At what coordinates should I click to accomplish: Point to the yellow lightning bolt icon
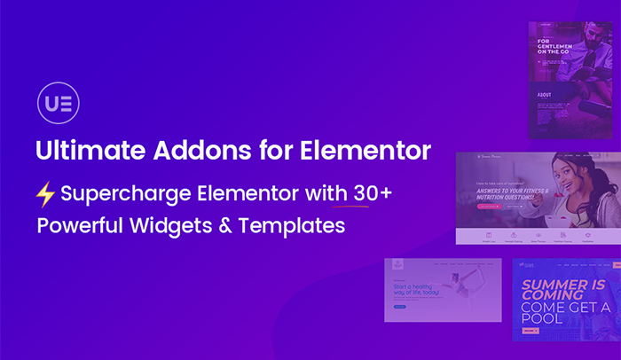(x=45, y=194)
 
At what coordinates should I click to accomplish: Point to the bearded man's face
(x=588, y=35)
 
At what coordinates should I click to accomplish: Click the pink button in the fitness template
(x=486, y=207)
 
